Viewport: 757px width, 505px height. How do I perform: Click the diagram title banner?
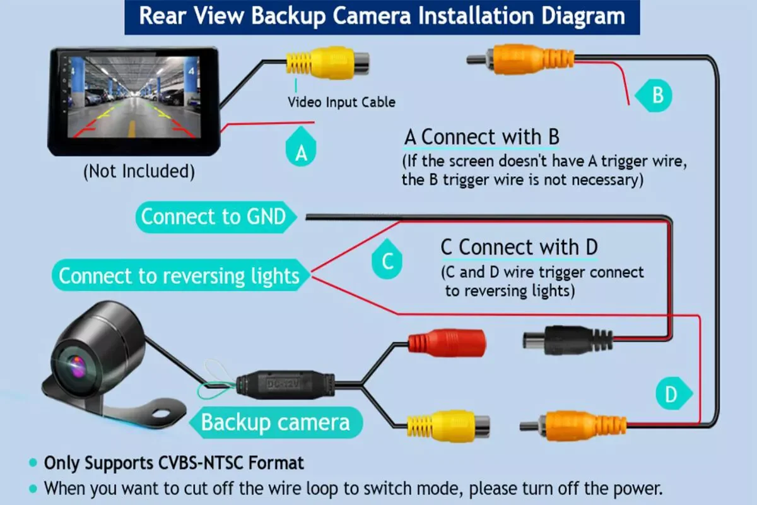pos(382,16)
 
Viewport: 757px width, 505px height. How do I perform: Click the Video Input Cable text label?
pos(341,102)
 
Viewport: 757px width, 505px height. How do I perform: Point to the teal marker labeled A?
pos(302,151)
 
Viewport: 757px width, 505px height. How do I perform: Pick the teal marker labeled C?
pos(387,260)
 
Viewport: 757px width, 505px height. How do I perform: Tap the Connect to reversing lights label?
pos(180,276)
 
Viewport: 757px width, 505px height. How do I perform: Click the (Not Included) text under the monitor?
pos(139,171)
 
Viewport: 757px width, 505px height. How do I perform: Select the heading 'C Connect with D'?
pos(519,247)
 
